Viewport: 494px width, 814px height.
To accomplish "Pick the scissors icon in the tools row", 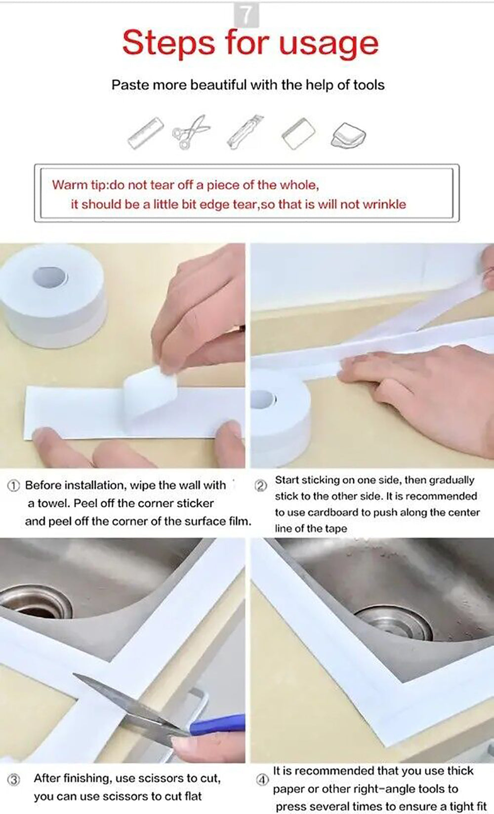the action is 191,132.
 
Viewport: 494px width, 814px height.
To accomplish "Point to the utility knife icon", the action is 246,131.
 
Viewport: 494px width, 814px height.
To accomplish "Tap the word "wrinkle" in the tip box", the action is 384,204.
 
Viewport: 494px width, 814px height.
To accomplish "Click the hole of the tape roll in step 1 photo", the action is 50,277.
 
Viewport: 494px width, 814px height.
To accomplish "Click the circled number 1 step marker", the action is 14,486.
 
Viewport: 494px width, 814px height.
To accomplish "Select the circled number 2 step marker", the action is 261,486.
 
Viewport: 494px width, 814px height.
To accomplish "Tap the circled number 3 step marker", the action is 14,780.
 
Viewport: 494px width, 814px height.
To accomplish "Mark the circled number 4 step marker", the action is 263,779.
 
